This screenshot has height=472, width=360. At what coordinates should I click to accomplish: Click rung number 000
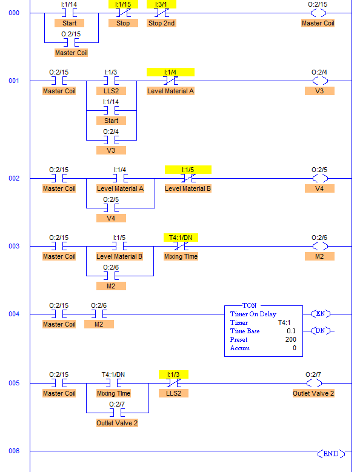[14, 13]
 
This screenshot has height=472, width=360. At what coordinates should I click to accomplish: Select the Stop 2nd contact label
[161, 23]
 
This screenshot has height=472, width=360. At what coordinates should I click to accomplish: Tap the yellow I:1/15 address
[123, 4]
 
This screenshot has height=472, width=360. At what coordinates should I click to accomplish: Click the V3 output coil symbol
[320, 81]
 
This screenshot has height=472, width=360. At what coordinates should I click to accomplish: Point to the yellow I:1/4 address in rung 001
[170, 72]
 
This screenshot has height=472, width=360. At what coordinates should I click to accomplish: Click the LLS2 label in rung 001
[111, 91]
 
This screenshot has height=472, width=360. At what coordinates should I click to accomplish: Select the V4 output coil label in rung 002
[319, 188]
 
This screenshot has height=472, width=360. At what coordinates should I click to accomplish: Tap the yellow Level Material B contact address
[188, 170]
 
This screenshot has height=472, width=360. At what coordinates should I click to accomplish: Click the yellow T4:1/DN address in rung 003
[181, 238]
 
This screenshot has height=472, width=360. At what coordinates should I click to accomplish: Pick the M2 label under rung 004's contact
[99, 324]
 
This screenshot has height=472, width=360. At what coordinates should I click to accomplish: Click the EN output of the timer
[321, 313]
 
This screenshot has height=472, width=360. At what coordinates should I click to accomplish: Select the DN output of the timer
[321, 330]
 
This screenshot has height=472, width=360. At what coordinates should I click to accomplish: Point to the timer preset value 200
[291, 339]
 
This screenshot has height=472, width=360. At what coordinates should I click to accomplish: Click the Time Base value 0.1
[291, 331]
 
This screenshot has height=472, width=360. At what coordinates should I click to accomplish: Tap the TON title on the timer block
[250, 305]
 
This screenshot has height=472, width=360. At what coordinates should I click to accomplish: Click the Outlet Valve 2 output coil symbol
[314, 383]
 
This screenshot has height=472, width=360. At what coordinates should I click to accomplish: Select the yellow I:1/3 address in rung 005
[173, 374]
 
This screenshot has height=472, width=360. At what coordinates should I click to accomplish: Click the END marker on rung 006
[331, 454]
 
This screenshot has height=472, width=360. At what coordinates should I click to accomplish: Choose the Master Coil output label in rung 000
[318, 23]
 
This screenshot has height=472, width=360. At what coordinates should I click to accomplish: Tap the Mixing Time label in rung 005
[113, 393]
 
